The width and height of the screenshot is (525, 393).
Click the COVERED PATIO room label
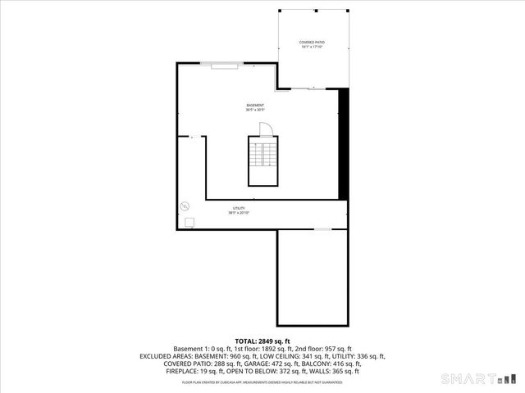[313, 41]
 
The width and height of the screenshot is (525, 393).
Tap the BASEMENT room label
[255, 105]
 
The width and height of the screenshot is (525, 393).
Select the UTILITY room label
[238, 209]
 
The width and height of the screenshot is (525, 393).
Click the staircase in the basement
[262, 162]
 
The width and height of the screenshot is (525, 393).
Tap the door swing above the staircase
[266, 130]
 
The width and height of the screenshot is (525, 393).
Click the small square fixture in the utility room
[189, 221]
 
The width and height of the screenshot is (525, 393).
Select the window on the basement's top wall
[225, 66]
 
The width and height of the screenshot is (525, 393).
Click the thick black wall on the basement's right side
[344, 143]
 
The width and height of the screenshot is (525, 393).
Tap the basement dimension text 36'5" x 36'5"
[255, 110]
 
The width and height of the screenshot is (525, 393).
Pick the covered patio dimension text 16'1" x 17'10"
[313, 47]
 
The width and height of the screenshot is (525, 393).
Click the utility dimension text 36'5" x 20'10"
[238, 214]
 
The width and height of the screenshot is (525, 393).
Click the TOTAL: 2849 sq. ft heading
[262, 341]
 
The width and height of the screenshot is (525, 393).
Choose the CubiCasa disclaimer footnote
[262, 382]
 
